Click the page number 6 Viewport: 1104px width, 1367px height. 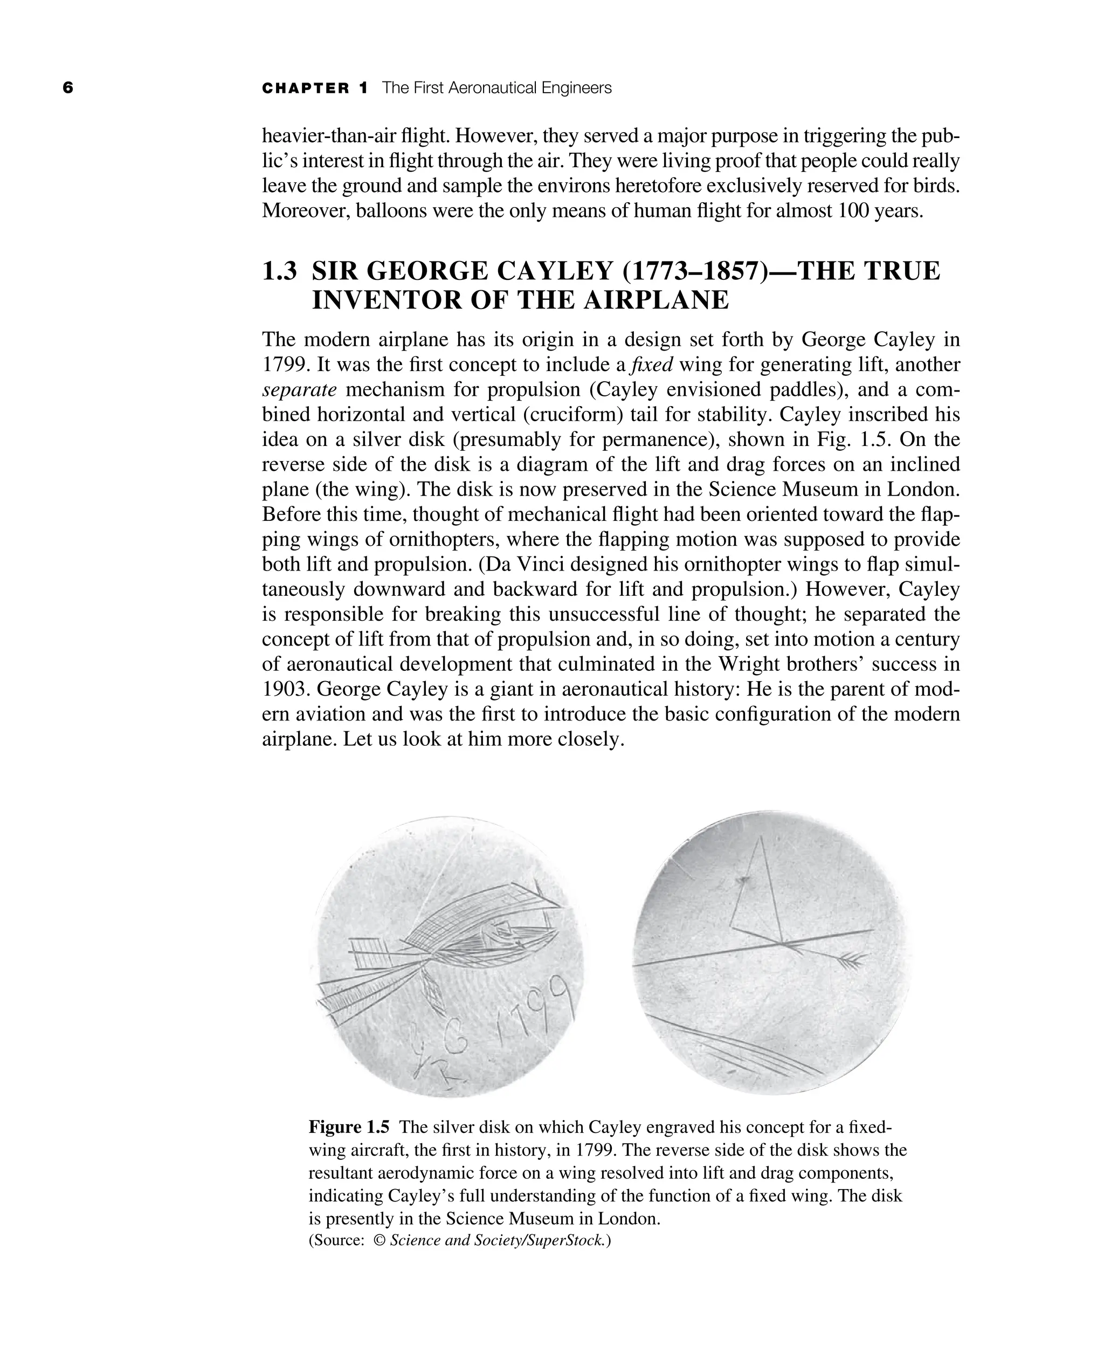tap(68, 88)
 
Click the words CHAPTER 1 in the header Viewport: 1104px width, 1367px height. tap(315, 88)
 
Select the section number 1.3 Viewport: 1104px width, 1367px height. tap(280, 272)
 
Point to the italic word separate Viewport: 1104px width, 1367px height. tap(299, 390)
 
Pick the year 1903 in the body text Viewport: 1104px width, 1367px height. tap(283, 689)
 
